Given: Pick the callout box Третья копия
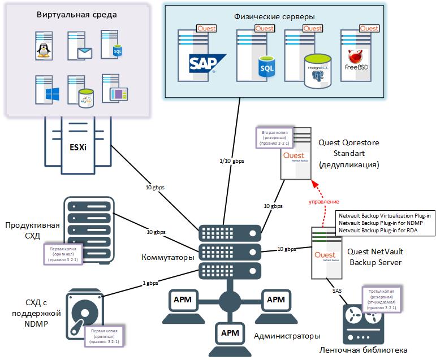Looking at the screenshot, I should [x=383, y=300].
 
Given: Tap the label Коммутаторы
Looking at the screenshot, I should [x=168, y=258].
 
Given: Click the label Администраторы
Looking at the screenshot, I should [x=287, y=336].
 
